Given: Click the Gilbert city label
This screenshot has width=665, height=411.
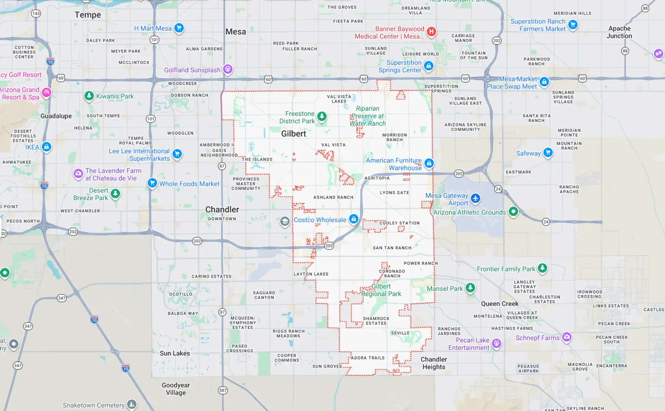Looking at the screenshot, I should point(293,134).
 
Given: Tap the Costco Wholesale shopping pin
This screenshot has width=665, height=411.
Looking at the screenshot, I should point(353,219).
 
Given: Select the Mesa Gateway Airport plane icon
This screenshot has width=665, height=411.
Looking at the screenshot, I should point(475,198).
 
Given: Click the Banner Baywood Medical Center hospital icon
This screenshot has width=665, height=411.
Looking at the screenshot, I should point(431,32).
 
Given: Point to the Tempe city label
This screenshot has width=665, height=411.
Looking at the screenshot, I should point(88,15).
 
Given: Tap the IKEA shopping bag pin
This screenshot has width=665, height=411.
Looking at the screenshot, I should point(46,147).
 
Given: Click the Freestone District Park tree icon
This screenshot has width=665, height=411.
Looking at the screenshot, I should point(322,116).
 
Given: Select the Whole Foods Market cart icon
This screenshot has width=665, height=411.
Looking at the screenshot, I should point(152,183).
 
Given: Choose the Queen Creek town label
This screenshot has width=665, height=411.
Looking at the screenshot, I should point(499,304).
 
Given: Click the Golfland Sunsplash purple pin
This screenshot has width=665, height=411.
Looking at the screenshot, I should point(228,69).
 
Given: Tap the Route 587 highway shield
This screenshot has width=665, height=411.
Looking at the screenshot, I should point(223,390).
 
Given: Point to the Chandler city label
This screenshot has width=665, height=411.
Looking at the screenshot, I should point(222,209).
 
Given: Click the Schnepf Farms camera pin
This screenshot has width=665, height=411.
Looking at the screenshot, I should point(567,337).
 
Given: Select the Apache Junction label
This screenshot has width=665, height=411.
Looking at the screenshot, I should point(619,32).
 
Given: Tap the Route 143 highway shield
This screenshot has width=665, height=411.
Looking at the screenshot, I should point(36,14).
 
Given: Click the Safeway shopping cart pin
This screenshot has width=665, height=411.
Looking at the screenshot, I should point(548,152).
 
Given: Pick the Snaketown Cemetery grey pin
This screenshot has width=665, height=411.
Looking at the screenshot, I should point(132,404).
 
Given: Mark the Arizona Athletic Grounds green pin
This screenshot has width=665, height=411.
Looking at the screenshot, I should point(513,211).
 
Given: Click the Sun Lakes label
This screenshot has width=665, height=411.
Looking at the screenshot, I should point(175,353).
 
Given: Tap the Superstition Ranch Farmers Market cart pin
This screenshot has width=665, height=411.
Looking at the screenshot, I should point(573,25).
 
